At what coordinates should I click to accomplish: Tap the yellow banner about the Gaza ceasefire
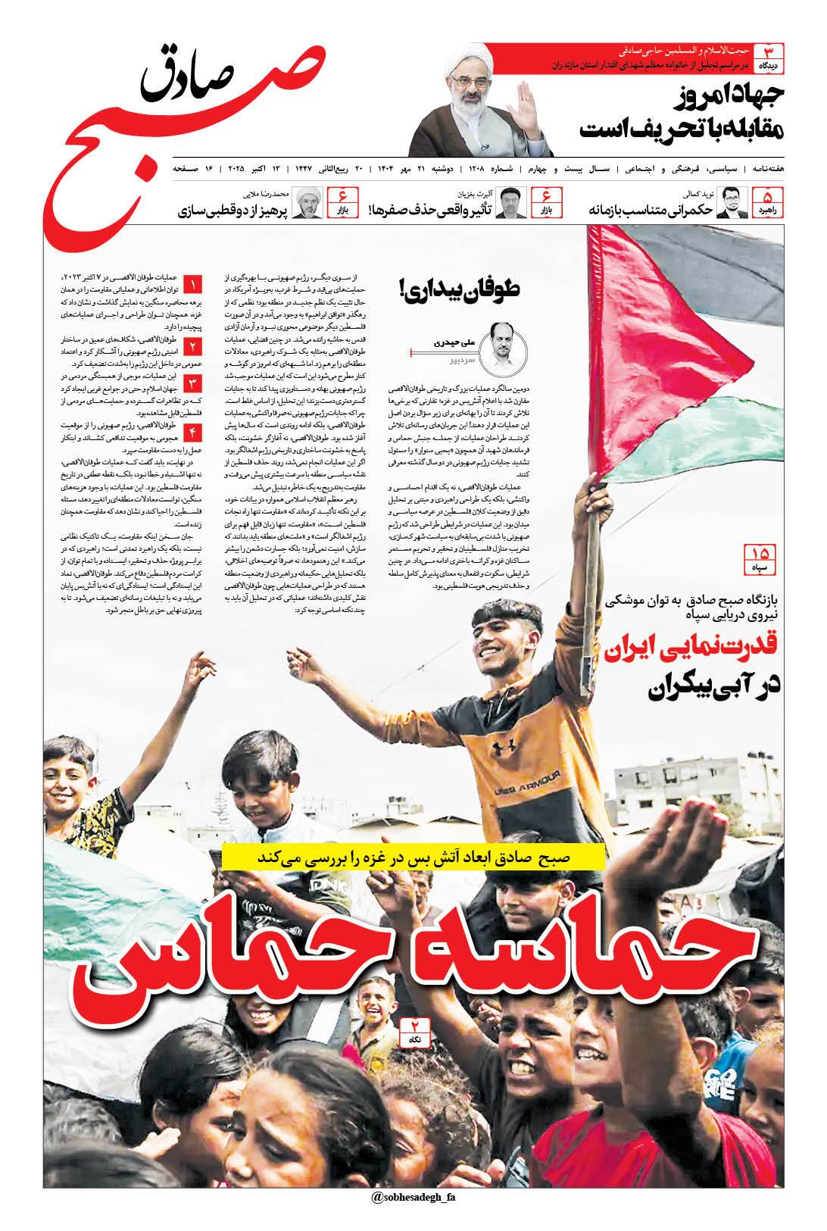[x=413, y=858]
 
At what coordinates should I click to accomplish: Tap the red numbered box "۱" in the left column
[x=192, y=286]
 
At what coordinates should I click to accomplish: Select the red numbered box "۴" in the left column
[x=192, y=433]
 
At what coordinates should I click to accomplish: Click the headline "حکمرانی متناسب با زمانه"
[x=651, y=210]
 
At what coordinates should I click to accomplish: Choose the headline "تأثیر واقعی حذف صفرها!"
[x=431, y=210]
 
